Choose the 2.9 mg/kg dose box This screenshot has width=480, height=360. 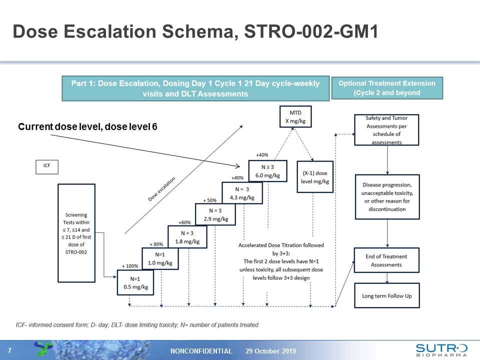pyautogui.click(x=214, y=214)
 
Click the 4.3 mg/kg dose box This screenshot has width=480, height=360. pyautogui.click(x=242, y=193)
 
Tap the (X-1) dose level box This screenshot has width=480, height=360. pyautogui.click(x=314, y=177)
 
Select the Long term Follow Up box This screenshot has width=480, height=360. pyautogui.click(x=387, y=296)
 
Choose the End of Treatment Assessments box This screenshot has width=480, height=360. pyautogui.click(x=386, y=260)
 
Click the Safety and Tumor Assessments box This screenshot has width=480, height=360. pyautogui.click(x=386, y=130)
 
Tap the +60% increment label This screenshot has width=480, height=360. pyautogui.click(x=185, y=222)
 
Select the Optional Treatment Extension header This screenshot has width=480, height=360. pyautogui.click(x=387, y=88)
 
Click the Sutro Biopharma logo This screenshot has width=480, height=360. pyautogui.click(x=441, y=350)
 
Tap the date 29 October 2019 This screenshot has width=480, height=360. pyautogui.click(x=270, y=351)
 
